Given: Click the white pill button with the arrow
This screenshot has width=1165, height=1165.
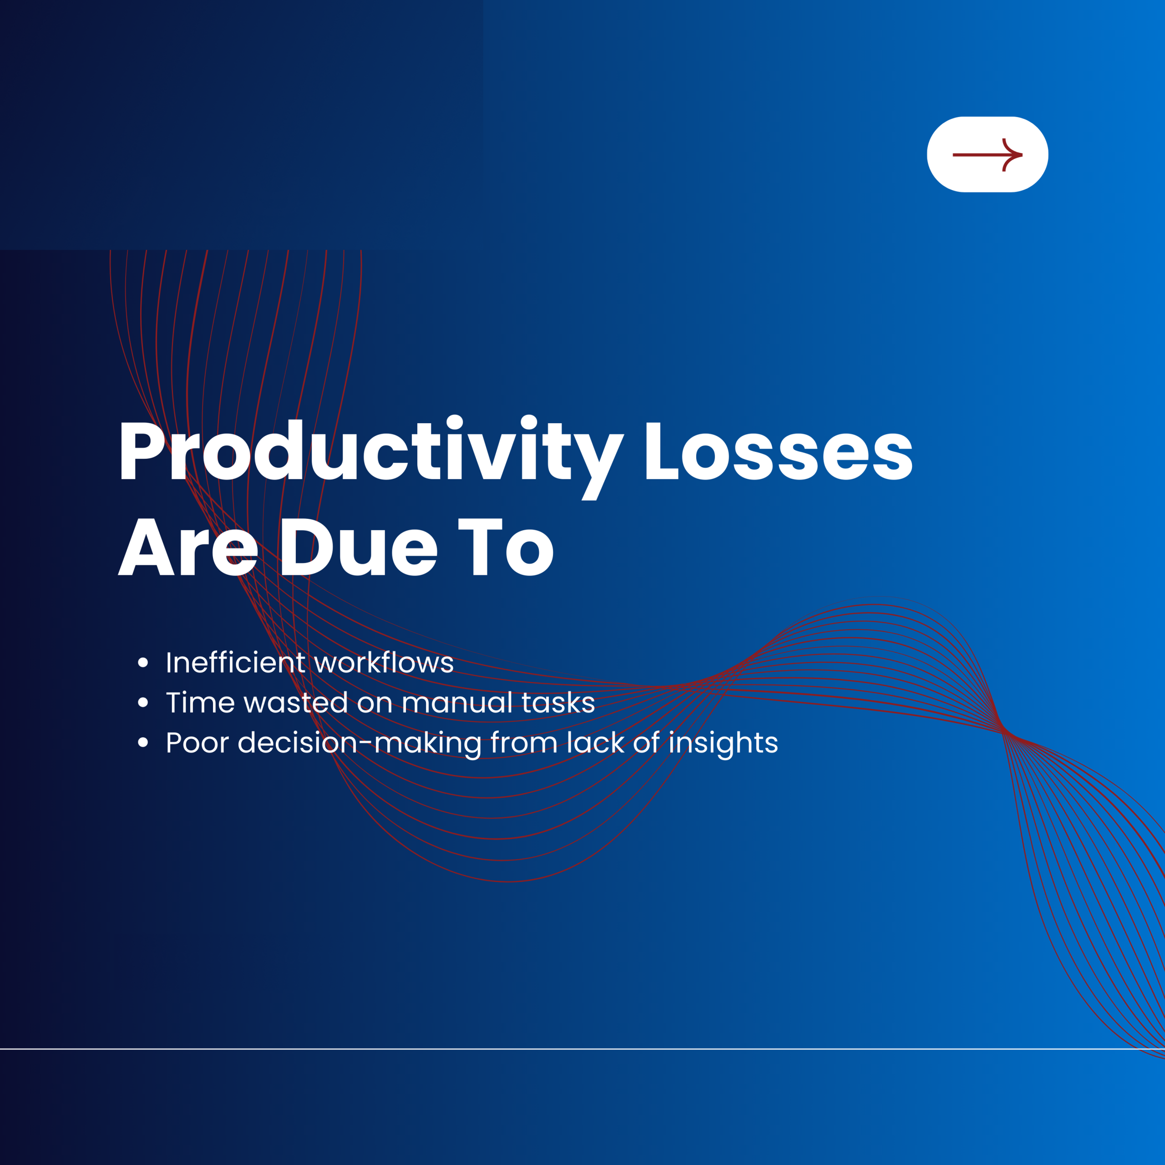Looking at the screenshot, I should [x=987, y=154].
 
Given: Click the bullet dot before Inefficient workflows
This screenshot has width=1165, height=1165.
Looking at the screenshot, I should [x=143, y=663].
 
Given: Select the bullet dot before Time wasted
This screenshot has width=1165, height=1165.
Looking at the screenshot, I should [x=143, y=703].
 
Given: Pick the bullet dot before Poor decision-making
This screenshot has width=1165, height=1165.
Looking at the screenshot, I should [x=143, y=742].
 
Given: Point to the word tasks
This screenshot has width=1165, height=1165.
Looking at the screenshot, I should [x=558, y=703].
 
